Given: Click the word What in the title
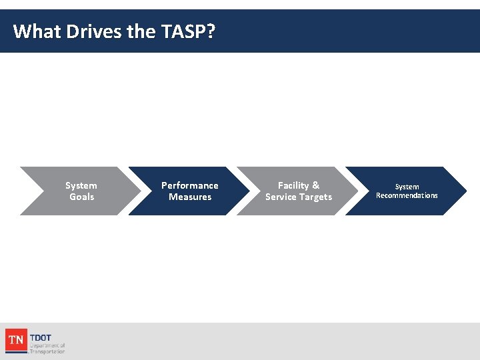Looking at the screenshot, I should [37, 31].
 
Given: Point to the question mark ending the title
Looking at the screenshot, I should [211, 31].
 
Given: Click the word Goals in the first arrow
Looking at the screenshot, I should [81, 197].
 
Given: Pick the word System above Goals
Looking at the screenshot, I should [81, 185].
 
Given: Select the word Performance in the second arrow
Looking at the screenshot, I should [189, 185].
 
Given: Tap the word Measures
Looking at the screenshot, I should [190, 197].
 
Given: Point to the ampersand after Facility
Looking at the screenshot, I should [315, 185].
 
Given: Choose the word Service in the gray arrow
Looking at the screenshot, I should [281, 197].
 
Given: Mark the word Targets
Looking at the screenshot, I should [315, 197].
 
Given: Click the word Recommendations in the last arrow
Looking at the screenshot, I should [407, 195].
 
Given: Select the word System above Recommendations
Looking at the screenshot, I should [407, 187].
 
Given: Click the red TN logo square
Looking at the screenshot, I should [16, 341].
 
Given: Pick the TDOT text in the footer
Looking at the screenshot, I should [41, 338].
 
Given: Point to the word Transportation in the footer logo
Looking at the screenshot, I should [47, 351].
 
